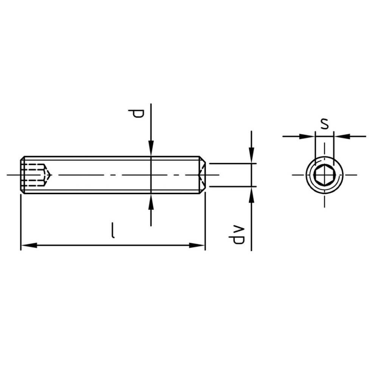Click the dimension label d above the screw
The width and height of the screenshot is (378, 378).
click(136, 113)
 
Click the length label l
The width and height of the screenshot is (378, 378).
click(113, 231)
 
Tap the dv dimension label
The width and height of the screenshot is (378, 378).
click(237, 235)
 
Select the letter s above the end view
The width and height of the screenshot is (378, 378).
click(324, 124)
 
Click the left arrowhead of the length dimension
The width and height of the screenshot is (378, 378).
click(29, 245)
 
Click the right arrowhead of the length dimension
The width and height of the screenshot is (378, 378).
click(197, 245)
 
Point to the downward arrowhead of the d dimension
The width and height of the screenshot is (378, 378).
click(151, 148)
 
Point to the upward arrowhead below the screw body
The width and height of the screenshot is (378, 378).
click(151, 202)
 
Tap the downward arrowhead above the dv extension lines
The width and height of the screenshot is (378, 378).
click(251, 155)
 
